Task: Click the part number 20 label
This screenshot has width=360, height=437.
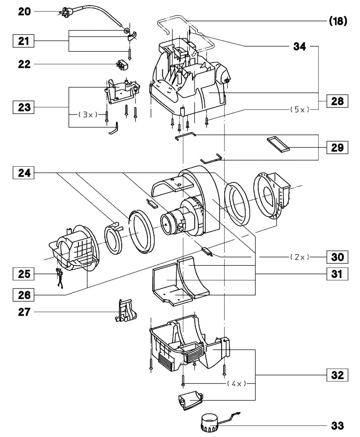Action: (x=24, y=12)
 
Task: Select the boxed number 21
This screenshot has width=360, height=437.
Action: (x=23, y=41)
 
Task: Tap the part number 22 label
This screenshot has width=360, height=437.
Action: (x=24, y=64)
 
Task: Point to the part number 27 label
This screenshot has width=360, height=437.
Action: (x=24, y=312)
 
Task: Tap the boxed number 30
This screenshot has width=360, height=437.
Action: (x=337, y=257)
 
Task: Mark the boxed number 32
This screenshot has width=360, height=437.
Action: (x=337, y=375)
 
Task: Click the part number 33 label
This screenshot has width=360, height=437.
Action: (x=338, y=426)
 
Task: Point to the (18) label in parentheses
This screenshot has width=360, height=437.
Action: (x=338, y=21)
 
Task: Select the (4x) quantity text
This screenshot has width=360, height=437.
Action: (x=236, y=384)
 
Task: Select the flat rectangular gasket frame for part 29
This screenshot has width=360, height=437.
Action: (x=278, y=144)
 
